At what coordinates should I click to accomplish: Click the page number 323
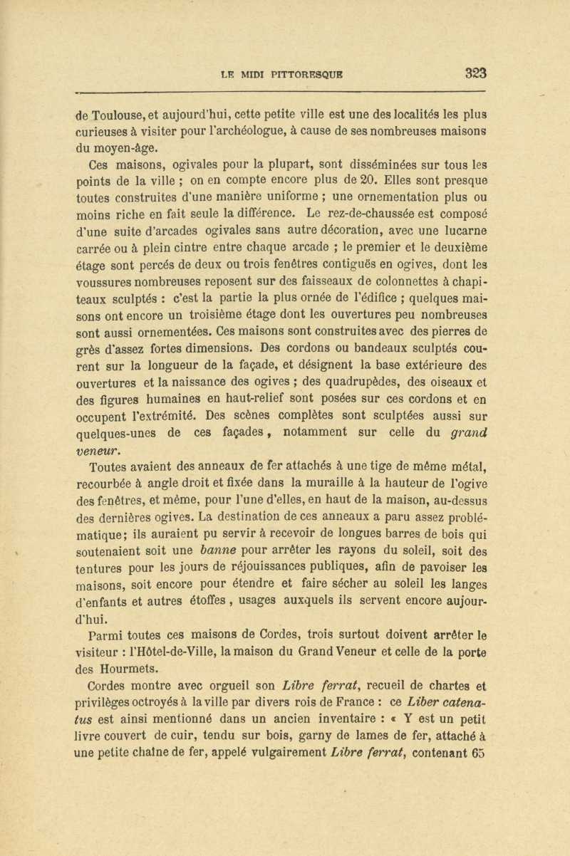475,72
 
